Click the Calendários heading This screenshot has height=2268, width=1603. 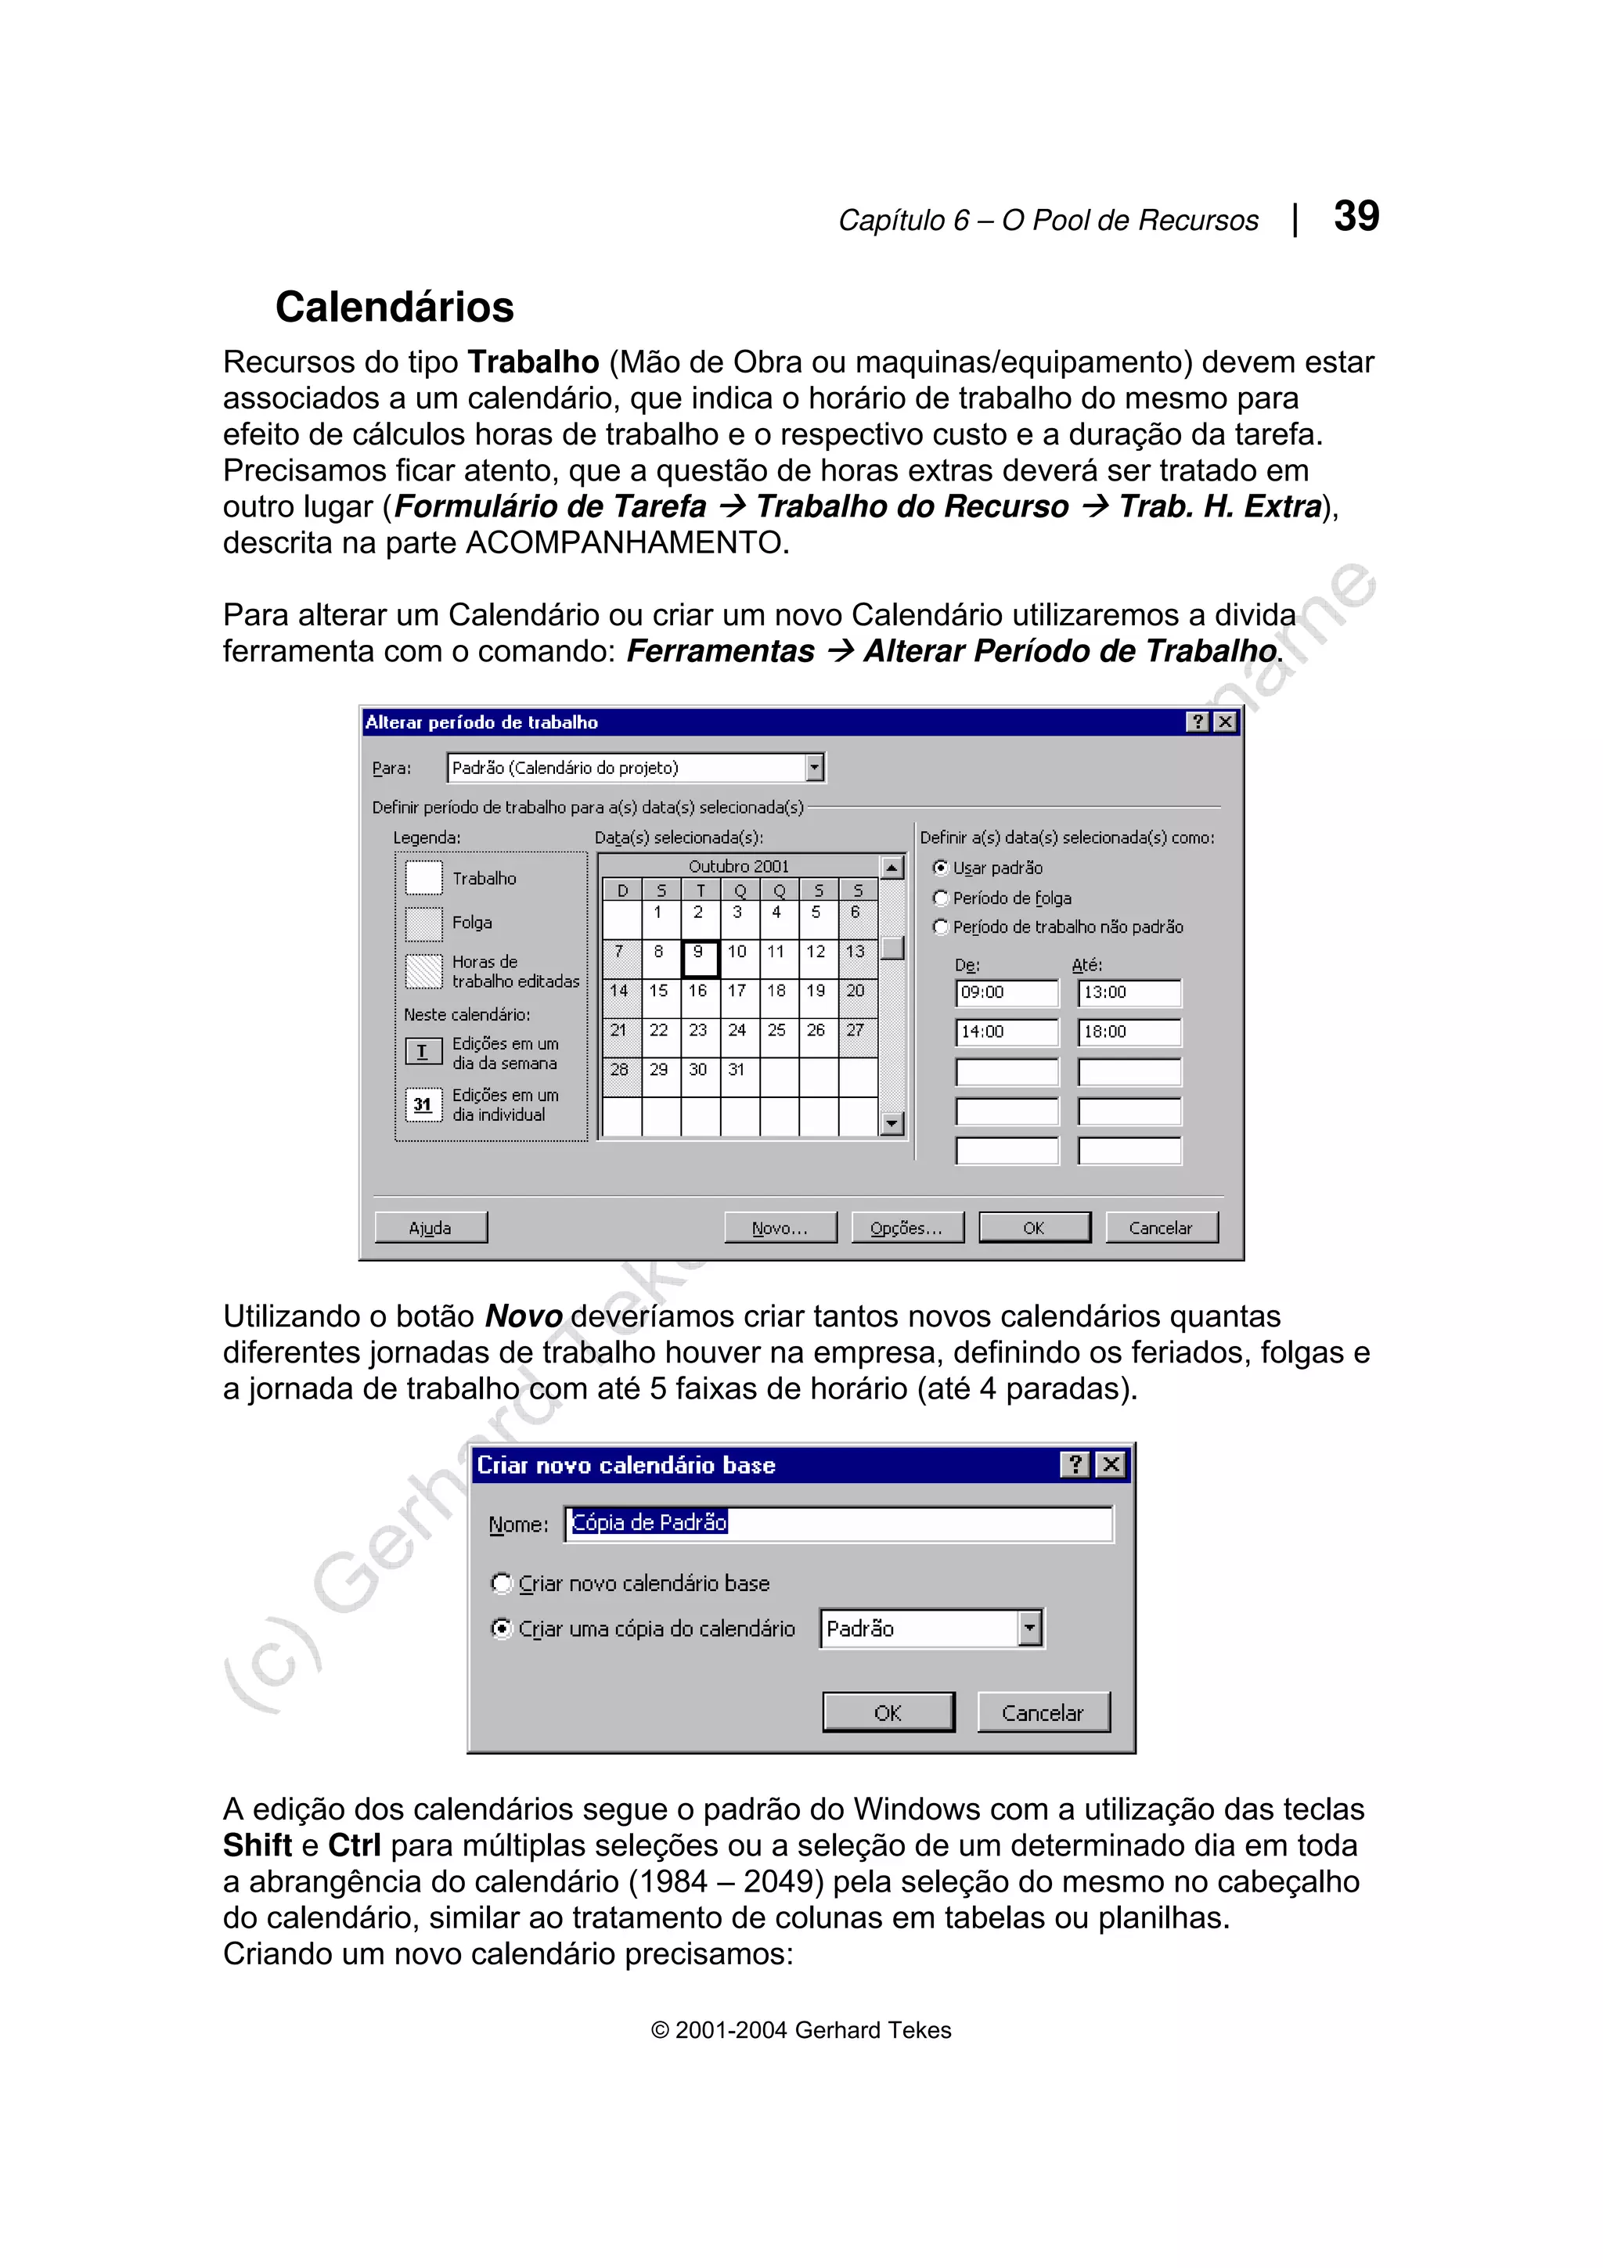[394, 308]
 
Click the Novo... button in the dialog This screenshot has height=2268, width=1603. [780, 1228]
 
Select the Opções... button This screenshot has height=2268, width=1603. [906, 1228]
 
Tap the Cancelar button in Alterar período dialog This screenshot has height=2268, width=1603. [1161, 1228]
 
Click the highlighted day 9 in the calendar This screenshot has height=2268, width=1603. [698, 957]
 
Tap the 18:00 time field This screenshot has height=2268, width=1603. [1128, 1032]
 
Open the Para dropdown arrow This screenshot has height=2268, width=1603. [814, 768]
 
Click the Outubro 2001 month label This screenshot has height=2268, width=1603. [739, 866]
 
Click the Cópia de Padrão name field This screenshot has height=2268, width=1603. [840, 1523]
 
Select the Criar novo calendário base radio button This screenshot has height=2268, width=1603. [502, 1583]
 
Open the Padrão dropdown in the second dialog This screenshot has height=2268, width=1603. [1029, 1629]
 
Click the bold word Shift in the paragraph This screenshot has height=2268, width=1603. [257, 1845]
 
